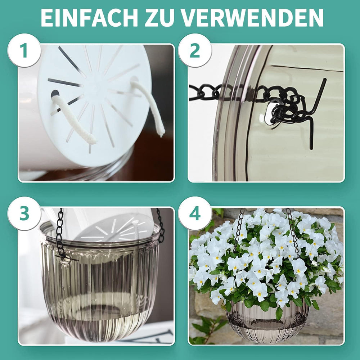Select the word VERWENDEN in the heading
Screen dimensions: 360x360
coord(252,17)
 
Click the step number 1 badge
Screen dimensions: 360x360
coord(24,50)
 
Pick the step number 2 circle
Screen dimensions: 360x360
coord(195,50)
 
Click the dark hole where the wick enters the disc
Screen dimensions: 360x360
coord(55,94)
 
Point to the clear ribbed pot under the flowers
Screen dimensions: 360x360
coord(266,320)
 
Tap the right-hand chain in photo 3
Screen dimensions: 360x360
coord(161,225)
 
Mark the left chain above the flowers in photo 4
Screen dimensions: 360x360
coord(238,227)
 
